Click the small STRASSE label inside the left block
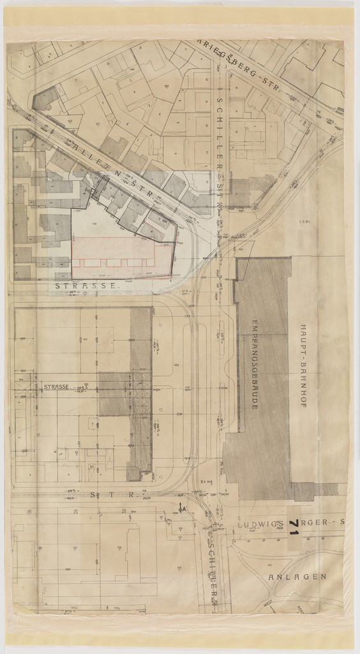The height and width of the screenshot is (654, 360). coord(56,387)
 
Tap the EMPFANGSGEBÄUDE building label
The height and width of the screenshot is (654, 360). coord(254,363)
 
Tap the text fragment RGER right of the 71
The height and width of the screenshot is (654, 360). coord(317,522)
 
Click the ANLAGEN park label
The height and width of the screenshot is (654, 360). coord(297,577)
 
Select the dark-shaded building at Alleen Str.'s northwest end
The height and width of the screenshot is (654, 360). coord(45,100)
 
